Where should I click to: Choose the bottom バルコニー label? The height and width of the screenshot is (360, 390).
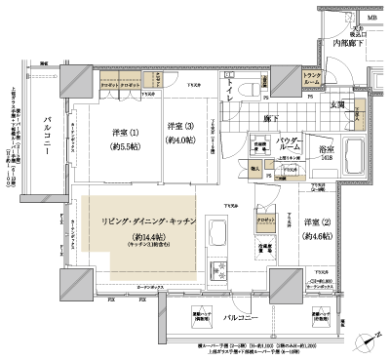click(240, 318)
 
